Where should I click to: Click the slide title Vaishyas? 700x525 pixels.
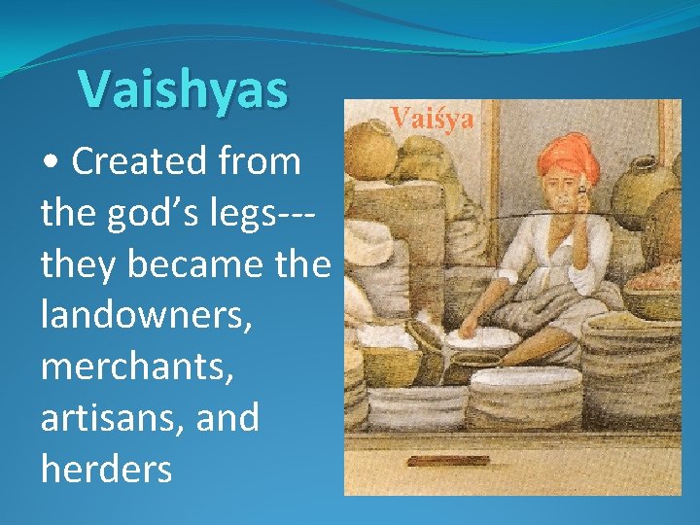(x=184, y=89)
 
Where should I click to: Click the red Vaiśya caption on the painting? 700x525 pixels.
(x=433, y=120)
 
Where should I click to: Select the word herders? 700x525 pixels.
(x=106, y=470)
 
